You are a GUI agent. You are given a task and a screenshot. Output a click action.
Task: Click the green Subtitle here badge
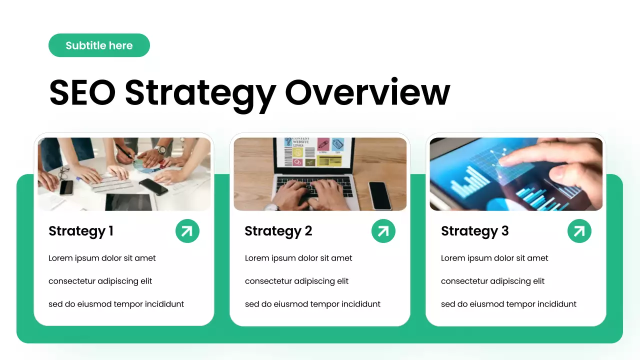click(99, 45)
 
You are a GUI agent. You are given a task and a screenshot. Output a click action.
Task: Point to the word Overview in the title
click(367, 92)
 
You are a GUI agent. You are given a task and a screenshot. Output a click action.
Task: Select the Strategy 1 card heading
click(81, 231)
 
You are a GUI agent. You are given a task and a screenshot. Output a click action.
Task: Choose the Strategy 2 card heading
click(278, 231)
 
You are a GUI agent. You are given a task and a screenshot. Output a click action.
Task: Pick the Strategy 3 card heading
click(474, 231)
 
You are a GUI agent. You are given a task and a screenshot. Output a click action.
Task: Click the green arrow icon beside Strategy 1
click(187, 231)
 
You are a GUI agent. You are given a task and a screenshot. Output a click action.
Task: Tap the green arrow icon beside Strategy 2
click(383, 231)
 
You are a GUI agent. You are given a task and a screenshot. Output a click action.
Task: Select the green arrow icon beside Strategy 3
click(579, 231)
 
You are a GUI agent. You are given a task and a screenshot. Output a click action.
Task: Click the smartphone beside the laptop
click(380, 195)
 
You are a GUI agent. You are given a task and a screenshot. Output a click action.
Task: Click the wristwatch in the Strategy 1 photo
click(160, 149)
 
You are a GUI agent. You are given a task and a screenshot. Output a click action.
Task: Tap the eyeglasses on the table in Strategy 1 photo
click(64, 173)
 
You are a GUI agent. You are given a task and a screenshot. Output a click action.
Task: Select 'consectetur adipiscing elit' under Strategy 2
click(296, 281)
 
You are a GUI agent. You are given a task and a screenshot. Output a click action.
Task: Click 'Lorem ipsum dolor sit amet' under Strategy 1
click(102, 258)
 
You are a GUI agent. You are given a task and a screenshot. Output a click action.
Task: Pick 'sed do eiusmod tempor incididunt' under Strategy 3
click(508, 304)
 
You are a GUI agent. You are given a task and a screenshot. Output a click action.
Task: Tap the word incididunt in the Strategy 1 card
click(164, 304)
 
